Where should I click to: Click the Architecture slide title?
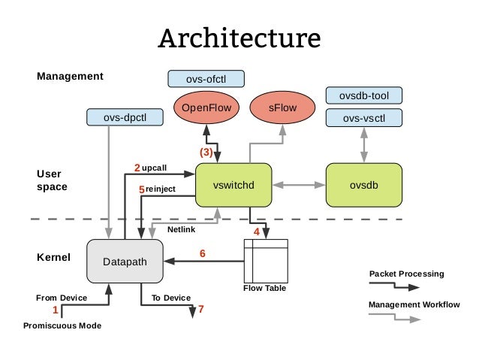click(x=239, y=38)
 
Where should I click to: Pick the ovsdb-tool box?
click(x=364, y=95)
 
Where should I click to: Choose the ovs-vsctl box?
click(x=364, y=118)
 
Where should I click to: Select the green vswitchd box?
click(x=232, y=184)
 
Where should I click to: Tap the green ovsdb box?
click(x=364, y=184)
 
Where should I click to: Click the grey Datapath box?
click(x=125, y=262)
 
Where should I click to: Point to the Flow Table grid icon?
click(x=266, y=261)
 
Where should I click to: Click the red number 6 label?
click(x=202, y=253)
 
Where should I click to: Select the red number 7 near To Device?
click(x=200, y=308)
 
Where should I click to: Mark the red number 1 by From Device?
click(x=54, y=309)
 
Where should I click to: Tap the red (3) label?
click(x=205, y=152)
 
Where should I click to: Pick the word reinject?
click(x=161, y=189)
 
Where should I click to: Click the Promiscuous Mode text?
click(x=62, y=325)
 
